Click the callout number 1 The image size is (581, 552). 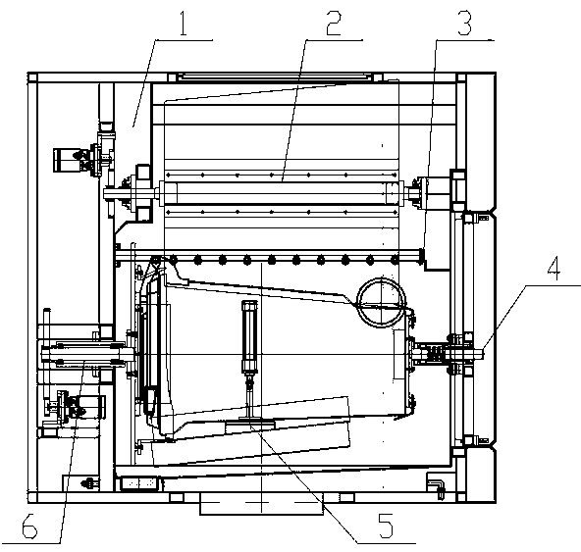[x=184, y=23]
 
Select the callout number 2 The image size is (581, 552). [x=333, y=23]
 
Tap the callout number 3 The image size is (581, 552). [x=464, y=23]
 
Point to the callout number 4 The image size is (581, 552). [x=554, y=267]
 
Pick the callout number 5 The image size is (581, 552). [x=386, y=525]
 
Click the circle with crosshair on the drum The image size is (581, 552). [x=381, y=302]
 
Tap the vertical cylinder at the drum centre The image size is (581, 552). [x=249, y=336]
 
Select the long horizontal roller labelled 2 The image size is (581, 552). [x=281, y=192]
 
